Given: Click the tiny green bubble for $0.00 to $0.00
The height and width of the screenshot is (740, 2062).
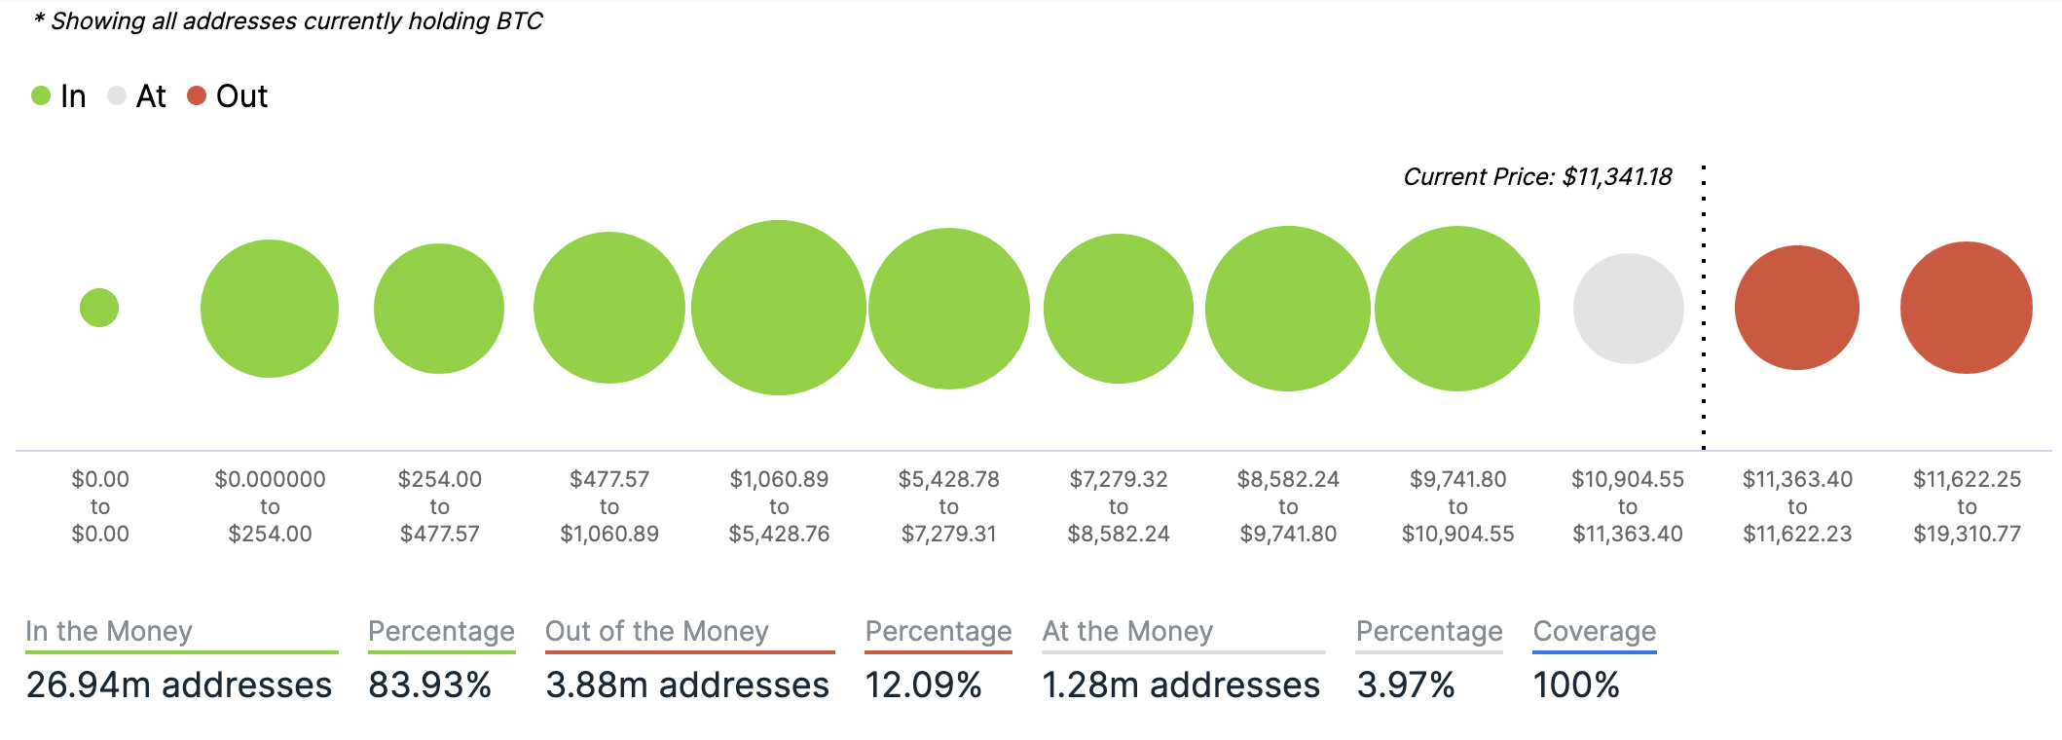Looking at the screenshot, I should (99, 308).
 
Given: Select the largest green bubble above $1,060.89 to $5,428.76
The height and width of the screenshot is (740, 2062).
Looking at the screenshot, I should (779, 308).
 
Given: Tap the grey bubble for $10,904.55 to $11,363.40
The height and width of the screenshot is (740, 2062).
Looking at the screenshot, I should (1628, 309).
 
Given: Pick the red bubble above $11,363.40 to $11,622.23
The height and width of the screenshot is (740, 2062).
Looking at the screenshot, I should (1797, 308).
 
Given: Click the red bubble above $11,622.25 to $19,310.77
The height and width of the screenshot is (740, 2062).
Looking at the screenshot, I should (1967, 308).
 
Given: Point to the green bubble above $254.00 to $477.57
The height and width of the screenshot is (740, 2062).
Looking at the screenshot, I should (439, 309).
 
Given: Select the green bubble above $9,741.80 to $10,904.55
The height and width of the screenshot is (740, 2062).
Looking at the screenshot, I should (1457, 309).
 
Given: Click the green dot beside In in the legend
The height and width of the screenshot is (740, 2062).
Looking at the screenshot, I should (41, 95).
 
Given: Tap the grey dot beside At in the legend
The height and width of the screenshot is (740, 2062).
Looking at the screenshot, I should (117, 95).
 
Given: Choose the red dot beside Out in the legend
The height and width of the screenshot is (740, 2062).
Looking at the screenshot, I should (197, 95).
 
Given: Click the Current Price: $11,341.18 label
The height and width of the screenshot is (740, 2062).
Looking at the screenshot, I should (1537, 177).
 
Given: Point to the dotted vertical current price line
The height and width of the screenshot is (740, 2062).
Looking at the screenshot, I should (1704, 312).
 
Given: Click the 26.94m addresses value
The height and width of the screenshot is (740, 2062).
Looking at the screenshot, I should (179, 684).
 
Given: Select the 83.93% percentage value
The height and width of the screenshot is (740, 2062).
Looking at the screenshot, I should (429, 684).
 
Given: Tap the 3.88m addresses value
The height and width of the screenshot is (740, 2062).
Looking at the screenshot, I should (687, 684).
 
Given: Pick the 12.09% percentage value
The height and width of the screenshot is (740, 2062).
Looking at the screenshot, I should (923, 684).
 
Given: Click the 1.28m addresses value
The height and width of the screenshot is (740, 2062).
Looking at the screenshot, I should (1181, 684).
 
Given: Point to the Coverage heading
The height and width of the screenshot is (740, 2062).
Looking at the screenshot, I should (1595, 631).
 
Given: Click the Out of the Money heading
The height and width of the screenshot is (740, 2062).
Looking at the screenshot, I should (657, 631).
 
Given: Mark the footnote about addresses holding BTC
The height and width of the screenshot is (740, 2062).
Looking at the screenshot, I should (288, 21).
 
